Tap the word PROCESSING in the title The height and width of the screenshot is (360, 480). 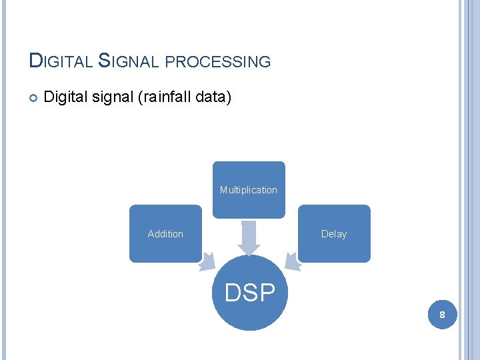pos(217,62)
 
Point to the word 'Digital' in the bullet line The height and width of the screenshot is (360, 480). pos(63,98)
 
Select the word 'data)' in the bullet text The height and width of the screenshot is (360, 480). pos(214,98)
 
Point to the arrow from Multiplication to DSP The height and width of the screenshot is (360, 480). pos(249,237)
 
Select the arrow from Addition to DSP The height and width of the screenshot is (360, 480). pos(208,263)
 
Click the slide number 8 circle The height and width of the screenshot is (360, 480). pos(441,313)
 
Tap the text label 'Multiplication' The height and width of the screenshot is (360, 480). pos(249,190)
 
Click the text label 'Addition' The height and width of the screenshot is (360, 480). pos(165,234)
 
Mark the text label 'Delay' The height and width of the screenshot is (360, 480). pos(334,234)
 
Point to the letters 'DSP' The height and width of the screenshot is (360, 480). pos(250,293)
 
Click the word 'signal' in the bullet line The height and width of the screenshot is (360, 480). pos(111,98)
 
